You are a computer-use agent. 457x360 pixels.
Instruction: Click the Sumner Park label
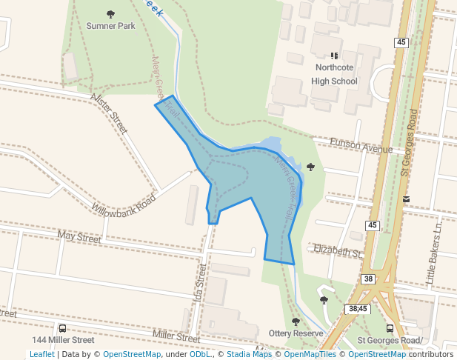110,26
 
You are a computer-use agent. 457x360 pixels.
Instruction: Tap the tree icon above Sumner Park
111,14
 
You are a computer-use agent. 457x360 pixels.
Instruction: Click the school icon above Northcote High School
334,56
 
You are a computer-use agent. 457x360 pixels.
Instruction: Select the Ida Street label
198,278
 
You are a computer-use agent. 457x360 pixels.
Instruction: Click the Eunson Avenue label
361,145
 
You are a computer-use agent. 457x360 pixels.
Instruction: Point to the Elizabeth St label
337,251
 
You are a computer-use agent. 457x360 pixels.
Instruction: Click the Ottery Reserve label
296,334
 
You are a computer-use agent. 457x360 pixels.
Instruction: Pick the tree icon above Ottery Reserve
296,321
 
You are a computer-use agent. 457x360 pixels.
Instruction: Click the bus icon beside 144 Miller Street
61,328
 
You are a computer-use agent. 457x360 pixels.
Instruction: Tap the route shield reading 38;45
358,308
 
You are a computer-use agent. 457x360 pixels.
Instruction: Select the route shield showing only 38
368,279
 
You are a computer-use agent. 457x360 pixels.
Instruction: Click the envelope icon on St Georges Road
406,199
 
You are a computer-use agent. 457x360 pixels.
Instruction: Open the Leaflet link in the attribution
41,354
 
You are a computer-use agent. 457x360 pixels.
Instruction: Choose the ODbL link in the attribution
200,354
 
